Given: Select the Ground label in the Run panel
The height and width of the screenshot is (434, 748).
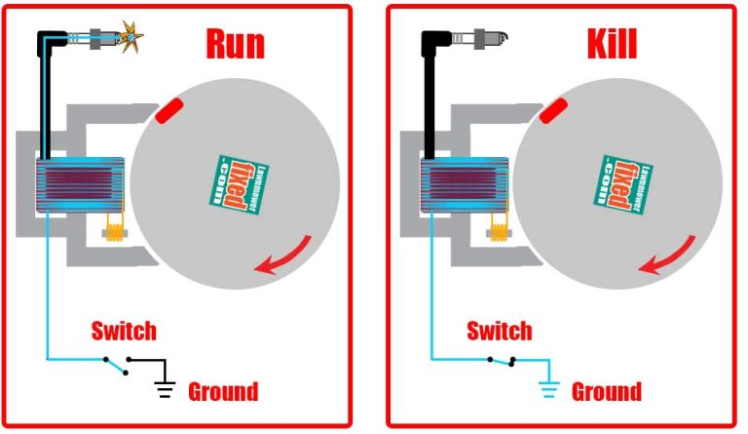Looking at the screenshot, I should pyautogui.click(x=222, y=392).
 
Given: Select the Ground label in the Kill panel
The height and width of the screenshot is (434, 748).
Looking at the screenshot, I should pyautogui.click(x=606, y=392).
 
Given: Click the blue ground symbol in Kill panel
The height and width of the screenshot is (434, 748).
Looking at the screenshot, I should pyautogui.click(x=548, y=391).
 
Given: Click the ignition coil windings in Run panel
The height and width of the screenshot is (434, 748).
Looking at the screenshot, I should pyautogui.click(x=78, y=183).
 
